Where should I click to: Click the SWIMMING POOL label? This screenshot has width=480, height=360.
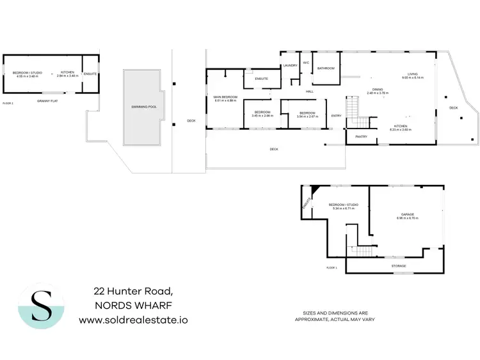pyautogui.click(x=144, y=107)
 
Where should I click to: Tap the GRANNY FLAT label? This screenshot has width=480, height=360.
pyautogui.click(x=47, y=101)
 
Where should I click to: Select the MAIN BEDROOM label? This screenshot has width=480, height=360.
pyautogui.click(x=225, y=97)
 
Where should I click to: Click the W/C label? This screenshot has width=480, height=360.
pyautogui.click(x=305, y=63)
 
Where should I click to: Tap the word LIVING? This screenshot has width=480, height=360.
pyautogui.click(x=410, y=73)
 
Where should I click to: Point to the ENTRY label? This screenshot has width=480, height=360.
pyautogui.click(x=336, y=116)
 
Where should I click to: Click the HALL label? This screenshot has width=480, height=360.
pyautogui.click(x=309, y=91)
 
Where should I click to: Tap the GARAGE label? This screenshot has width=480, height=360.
pyautogui.click(x=407, y=215)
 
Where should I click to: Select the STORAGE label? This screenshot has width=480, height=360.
pyautogui.click(x=398, y=266)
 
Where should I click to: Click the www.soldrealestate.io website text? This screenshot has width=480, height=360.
pyautogui.click(x=133, y=318)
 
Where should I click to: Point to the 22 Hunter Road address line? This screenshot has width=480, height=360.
pyautogui.click(x=133, y=291)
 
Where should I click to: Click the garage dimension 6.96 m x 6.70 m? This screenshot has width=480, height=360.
pyautogui.click(x=407, y=219)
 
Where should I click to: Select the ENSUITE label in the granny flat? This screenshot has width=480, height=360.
pyautogui.click(x=90, y=74)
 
